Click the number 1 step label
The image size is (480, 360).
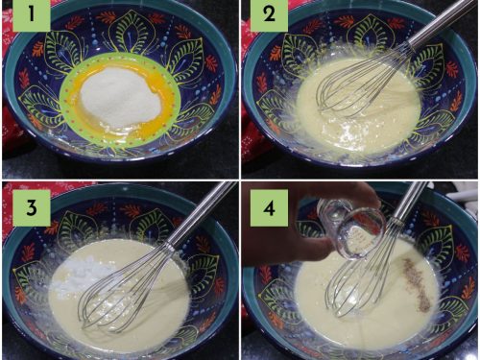(32, 14)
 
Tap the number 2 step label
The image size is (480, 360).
(269, 14)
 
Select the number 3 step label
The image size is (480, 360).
(32, 208)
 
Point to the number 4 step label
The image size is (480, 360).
(269, 208)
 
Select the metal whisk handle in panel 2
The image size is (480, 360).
(444, 22)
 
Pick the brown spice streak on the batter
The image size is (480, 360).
(417, 285)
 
